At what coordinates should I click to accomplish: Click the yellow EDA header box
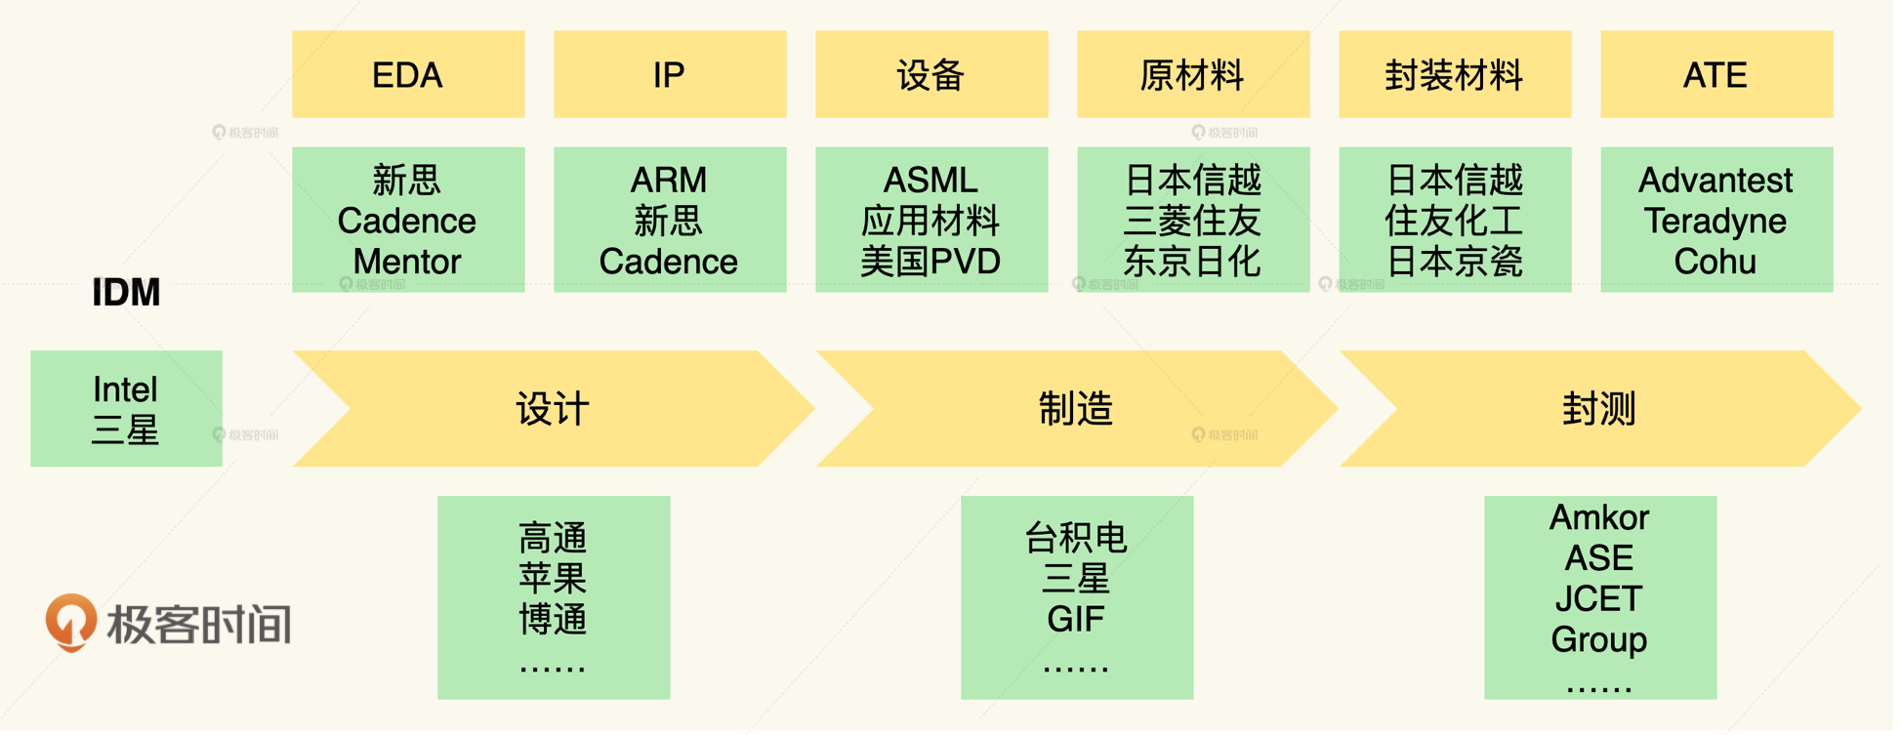click(408, 74)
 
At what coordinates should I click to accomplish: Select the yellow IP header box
click(670, 74)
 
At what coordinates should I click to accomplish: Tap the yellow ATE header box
click(1715, 74)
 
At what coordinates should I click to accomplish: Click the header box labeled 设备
click(931, 74)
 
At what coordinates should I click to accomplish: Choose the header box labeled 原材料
click(1192, 74)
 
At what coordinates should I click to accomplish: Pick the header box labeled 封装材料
click(1454, 74)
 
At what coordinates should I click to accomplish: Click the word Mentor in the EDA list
click(407, 262)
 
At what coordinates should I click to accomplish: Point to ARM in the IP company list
click(669, 180)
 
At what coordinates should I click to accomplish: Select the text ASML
click(930, 180)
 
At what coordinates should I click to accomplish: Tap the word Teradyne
click(1715, 222)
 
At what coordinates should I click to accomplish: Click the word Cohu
click(1715, 262)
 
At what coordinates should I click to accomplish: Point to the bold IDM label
click(126, 293)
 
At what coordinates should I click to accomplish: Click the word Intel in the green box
click(125, 389)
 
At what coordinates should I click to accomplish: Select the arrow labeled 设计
click(553, 408)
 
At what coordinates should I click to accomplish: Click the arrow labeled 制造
click(1075, 408)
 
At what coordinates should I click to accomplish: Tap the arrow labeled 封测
click(1598, 408)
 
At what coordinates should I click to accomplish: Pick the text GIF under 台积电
click(1076, 619)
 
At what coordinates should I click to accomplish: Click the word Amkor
click(1599, 517)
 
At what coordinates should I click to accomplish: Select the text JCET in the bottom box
click(1599, 598)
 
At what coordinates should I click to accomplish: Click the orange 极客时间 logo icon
click(71, 622)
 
